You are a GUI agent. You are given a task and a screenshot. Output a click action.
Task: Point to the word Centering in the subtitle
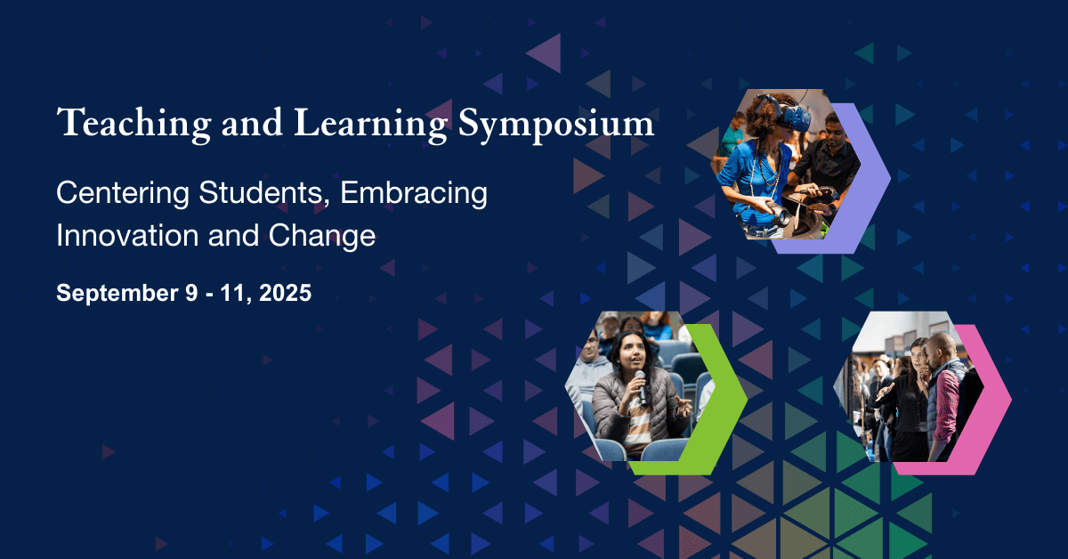123,194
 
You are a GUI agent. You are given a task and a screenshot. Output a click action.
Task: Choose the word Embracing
414,194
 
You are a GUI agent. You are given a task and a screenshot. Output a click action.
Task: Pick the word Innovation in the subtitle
127,235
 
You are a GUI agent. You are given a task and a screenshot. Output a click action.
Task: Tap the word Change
322,236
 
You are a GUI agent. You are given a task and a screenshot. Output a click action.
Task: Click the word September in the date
117,293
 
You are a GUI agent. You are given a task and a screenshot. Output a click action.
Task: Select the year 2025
285,292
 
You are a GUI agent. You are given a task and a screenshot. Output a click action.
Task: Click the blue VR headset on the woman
786,113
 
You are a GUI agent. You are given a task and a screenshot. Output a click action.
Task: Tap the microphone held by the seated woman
641,387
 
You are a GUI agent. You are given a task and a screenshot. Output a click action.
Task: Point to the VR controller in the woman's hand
773,212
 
